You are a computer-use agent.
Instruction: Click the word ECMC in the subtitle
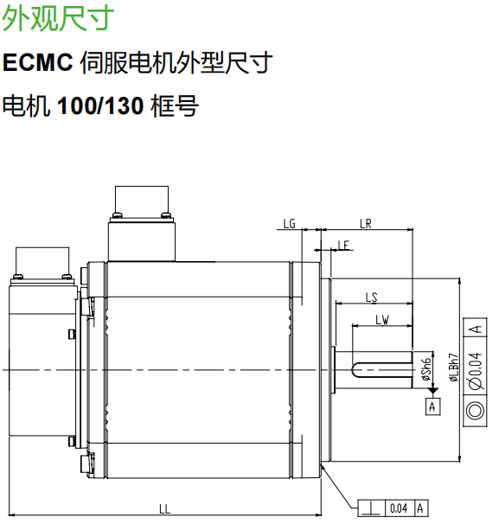pos(37,62)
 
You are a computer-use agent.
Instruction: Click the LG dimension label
pos(290,223)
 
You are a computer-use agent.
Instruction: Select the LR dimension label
pos(365,223)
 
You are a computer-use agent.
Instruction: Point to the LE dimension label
pos(343,246)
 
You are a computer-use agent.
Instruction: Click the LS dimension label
pos(371,297)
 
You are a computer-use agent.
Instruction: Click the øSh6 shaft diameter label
pos(425,370)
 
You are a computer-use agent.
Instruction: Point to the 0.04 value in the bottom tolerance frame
pos(398,508)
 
